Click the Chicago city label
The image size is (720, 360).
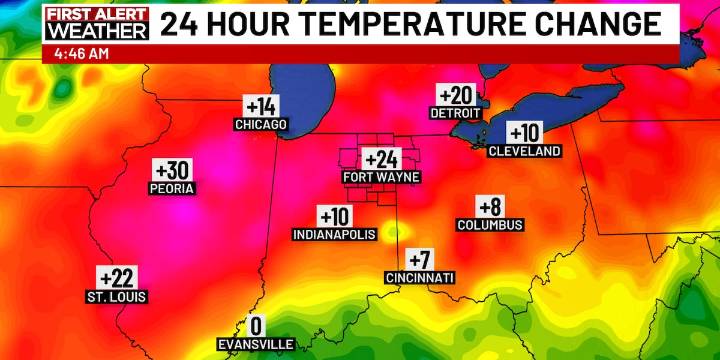point(260,125)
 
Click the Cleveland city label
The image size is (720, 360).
point(524,151)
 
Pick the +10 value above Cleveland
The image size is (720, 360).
point(524,133)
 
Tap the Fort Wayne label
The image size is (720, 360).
point(381,177)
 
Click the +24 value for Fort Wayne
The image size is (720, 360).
point(381,159)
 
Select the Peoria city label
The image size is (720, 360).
point(172,187)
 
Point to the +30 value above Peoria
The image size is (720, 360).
point(172,169)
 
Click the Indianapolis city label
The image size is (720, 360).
point(335,234)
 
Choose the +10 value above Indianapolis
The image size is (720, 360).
point(335,216)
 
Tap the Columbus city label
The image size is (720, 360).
point(490,225)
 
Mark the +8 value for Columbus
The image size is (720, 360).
point(490,207)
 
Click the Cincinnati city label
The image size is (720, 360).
point(420,277)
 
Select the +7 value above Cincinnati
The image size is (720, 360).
point(420,259)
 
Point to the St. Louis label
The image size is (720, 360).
point(116,296)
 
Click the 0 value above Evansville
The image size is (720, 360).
point(256,326)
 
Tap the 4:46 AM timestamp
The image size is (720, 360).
point(75,53)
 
